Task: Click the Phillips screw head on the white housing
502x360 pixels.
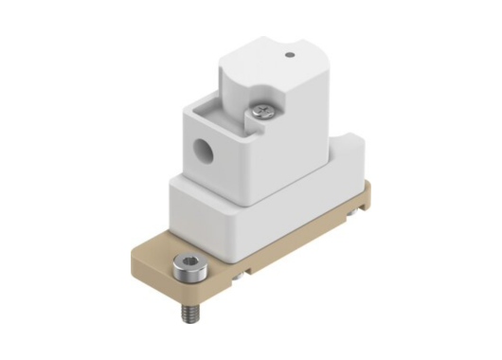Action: click(262, 114)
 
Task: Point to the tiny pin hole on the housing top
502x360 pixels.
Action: click(291, 55)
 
